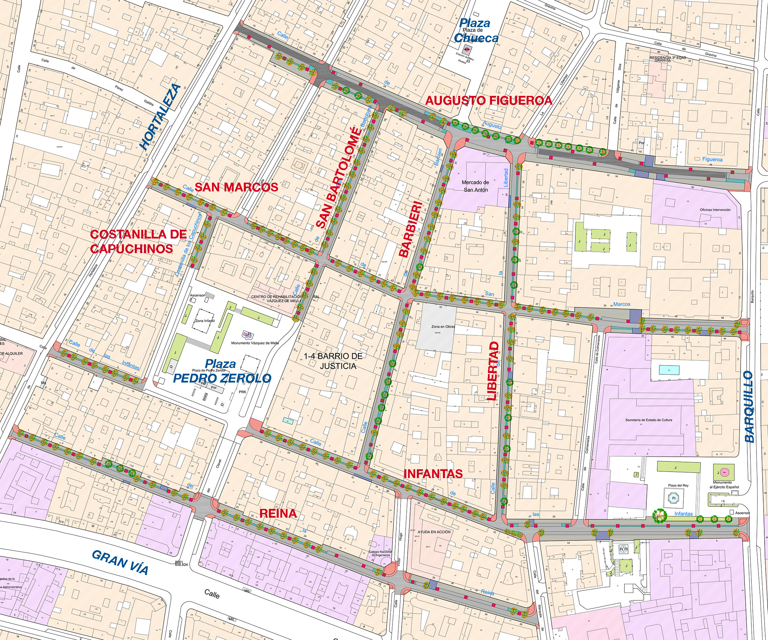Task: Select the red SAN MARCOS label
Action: pyautogui.click(x=236, y=187)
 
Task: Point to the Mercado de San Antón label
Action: pyautogui.click(x=475, y=186)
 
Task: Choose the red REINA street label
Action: pyautogui.click(x=278, y=513)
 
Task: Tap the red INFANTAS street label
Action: pyautogui.click(x=433, y=474)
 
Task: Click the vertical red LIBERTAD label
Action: pyautogui.click(x=493, y=371)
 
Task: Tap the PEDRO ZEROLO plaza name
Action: pyautogui.click(x=222, y=378)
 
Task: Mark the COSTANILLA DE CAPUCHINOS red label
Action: pyautogui.click(x=138, y=242)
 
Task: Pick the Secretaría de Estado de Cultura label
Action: pyautogui.click(x=648, y=420)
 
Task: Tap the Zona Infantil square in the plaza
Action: pyautogui.click(x=205, y=321)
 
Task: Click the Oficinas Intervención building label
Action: pyautogui.click(x=715, y=210)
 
